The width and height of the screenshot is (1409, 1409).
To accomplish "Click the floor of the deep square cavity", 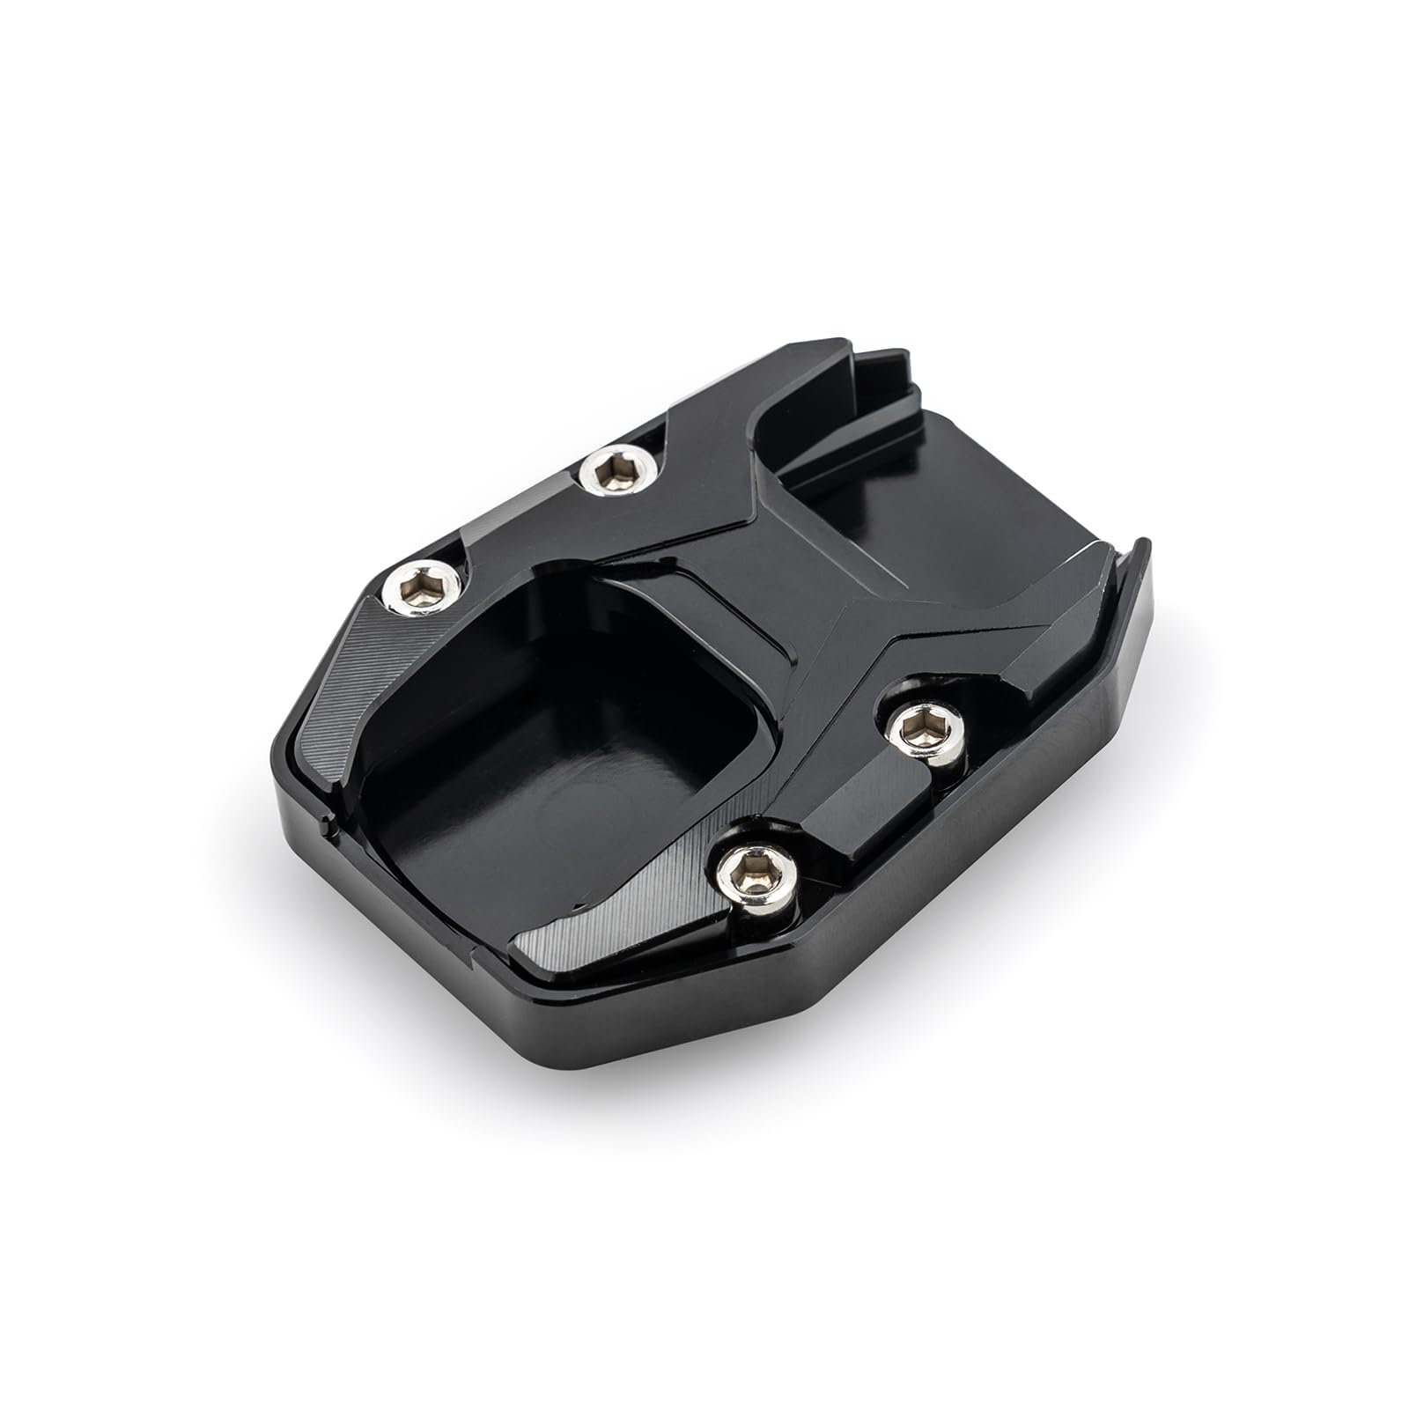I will click(546, 775).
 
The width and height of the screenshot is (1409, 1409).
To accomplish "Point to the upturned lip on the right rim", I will click(1132, 572).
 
